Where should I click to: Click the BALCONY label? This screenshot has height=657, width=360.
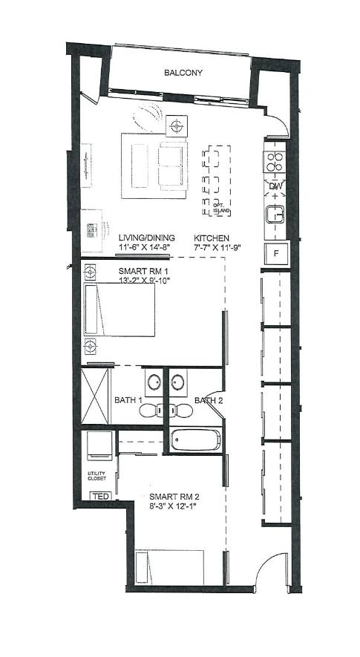(183, 73)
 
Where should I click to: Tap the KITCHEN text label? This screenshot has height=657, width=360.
(212, 238)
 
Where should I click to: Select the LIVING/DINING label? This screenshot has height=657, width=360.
(147, 238)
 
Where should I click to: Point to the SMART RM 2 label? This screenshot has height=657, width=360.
(174, 497)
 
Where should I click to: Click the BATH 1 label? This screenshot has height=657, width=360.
(128, 400)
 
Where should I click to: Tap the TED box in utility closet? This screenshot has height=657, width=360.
(101, 497)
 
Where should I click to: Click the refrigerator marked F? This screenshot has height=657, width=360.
(276, 253)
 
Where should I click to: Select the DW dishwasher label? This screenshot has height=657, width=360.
(275, 186)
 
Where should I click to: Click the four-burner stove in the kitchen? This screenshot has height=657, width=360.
(275, 161)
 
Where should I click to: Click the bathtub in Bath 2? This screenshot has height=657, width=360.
(196, 440)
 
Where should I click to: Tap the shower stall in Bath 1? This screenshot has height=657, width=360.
(95, 396)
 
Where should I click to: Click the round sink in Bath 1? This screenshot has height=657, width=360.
(154, 382)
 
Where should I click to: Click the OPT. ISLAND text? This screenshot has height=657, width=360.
(222, 209)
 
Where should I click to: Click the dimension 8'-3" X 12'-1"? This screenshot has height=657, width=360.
(173, 506)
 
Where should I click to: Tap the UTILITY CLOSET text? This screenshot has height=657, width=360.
(96, 476)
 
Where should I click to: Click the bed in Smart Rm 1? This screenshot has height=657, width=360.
(120, 310)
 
